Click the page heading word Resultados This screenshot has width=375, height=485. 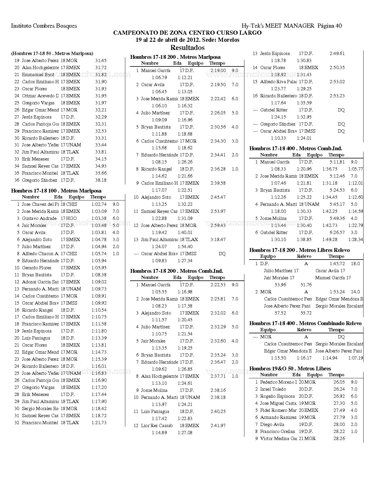click(x=187, y=47)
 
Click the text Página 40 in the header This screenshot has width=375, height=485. click(x=329, y=26)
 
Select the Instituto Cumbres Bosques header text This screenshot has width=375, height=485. click(x=44, y=26)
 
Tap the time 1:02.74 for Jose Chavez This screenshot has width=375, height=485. click(x=99, y=204)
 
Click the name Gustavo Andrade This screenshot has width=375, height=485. click(x=39, y=218)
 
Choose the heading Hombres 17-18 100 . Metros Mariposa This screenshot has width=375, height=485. click(x=56, y=191)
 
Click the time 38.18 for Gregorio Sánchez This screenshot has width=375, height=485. click(x=101, y=180)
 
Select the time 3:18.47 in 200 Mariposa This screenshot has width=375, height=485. click(x=218, y=240)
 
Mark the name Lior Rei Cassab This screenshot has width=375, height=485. click(x=157, y=426)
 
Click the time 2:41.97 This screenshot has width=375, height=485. click(x=218, y=426)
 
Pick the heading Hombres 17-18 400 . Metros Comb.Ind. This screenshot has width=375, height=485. click(x=296, y=148)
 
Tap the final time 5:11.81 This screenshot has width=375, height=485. click(x=337, y=162)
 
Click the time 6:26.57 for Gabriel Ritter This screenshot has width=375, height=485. click(x=337, y=233)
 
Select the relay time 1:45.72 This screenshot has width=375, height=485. click(x=337, y=264)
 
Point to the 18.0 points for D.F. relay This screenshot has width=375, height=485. click(x=355, y=264)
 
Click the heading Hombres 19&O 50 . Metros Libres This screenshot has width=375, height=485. click(x=290, y=369)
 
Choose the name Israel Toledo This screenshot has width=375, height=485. click(x=273, y=389)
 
